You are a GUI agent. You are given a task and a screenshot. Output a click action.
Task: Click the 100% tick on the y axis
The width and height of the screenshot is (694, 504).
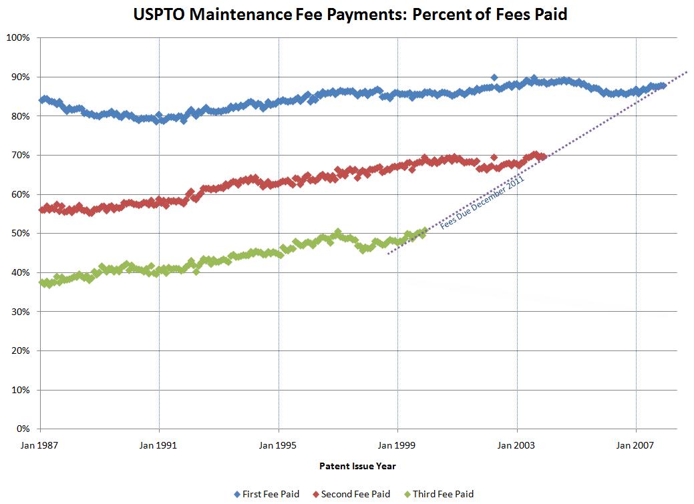[x=17, y=37]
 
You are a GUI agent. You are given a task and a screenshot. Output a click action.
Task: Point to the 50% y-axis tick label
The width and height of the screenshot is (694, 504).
[x=19, y=233]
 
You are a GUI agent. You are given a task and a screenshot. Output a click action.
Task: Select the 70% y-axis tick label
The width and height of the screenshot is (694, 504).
[x=19, y=155]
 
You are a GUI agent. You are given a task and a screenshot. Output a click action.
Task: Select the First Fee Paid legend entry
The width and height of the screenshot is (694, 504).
[x=267, y=494]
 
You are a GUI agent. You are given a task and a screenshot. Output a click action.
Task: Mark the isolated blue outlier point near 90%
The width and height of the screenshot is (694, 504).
[x=494, y=77]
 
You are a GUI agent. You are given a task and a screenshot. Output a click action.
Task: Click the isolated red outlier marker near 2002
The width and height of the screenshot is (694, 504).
[x=494, y=158]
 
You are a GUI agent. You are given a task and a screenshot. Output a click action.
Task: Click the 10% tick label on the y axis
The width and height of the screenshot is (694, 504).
[x=19, y=390]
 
